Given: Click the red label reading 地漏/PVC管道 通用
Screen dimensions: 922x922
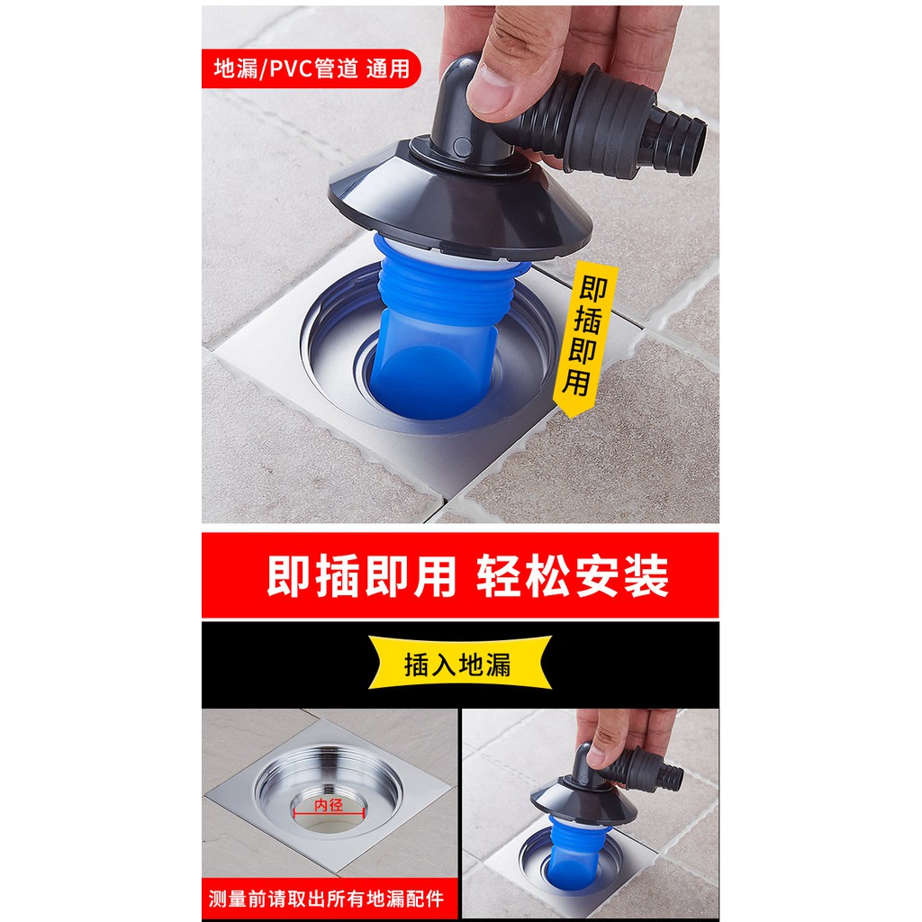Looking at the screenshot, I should [310, 68].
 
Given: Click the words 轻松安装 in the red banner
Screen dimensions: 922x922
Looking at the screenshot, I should [572, 576].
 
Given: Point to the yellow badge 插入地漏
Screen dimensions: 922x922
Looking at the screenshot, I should [459, 664].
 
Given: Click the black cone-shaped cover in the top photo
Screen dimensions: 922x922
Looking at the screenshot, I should [459, 207].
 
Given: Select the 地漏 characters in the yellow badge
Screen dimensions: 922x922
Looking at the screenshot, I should [486, 664].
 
